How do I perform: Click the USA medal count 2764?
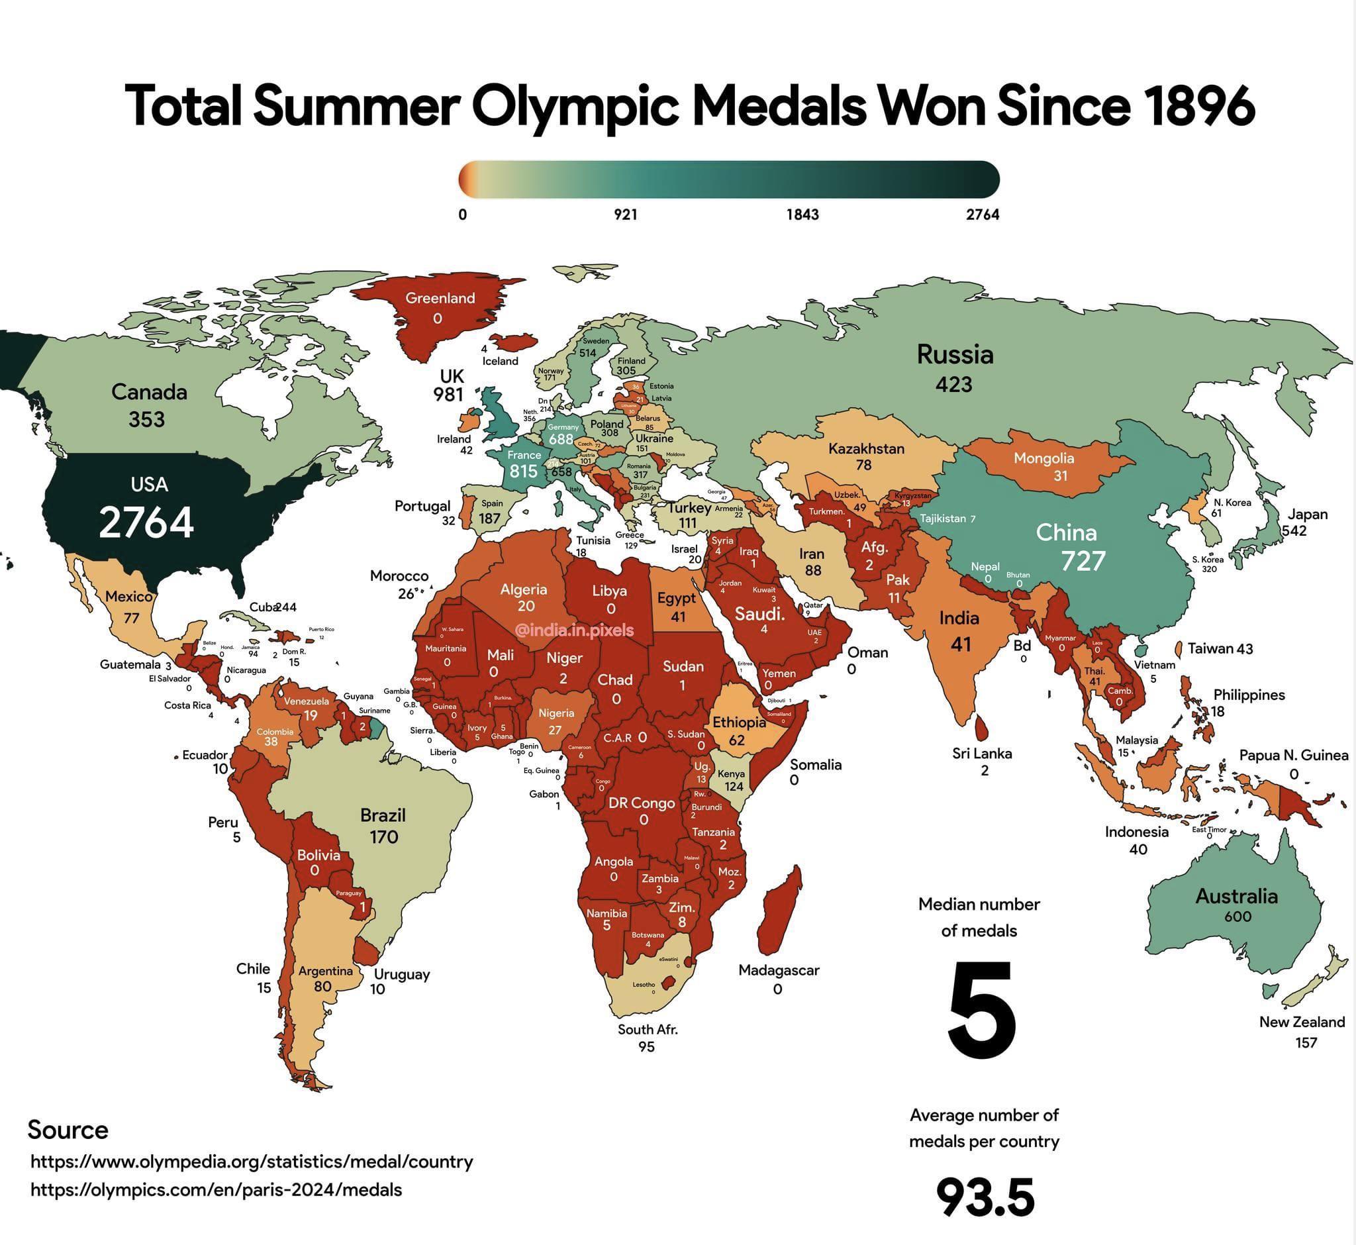click(x=146, y=523)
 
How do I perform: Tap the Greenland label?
click(x=440, y=299)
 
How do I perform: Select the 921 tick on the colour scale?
click(x=625, y=215)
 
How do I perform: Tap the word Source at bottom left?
click(x=68, y=1130)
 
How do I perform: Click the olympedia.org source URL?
click(x=252, y=1162)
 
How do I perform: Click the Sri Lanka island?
click(x=983, y=727)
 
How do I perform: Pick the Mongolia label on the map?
click(x=1043, y=459)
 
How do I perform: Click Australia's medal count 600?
click(x=1237, y=917)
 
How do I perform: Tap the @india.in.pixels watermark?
click(x=574, y=630)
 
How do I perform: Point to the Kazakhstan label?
click(x=866, y=449)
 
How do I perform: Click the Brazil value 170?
click(x=383, y=837)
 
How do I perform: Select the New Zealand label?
click(x=1302, y=1022)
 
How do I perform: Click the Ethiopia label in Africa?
click(x=739, y=722)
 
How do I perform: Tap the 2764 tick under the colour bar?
click(x=982, y=215)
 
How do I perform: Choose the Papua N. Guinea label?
click(x=1293, y=755)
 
